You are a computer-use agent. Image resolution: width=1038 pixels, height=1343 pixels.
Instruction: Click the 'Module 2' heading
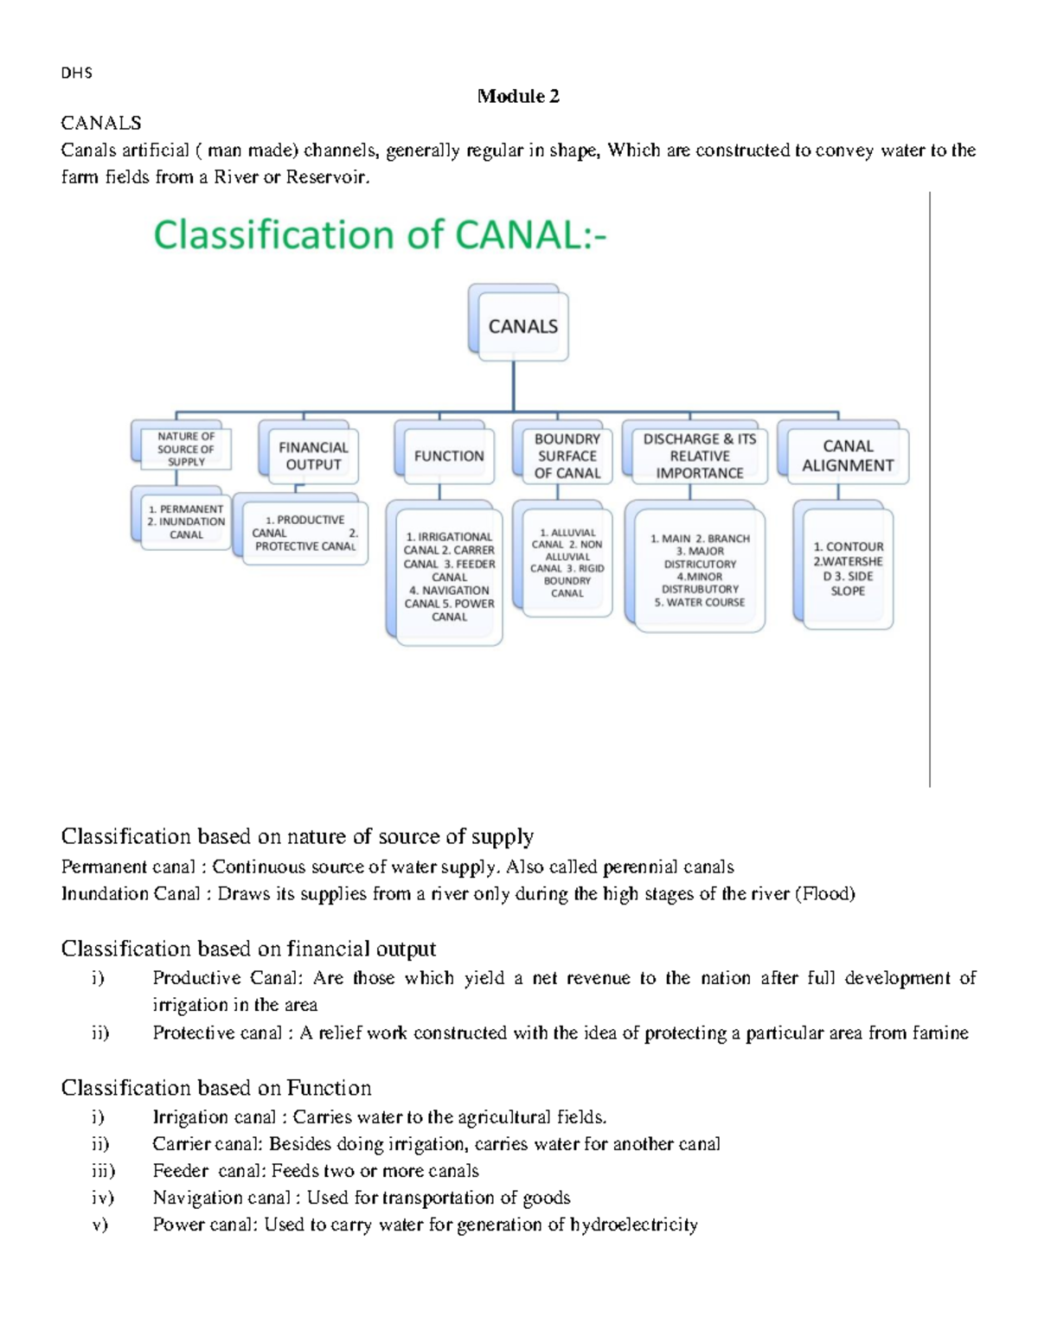(x=518, y=96)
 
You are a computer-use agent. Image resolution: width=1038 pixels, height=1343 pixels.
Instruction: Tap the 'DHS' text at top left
(x=76, y=74)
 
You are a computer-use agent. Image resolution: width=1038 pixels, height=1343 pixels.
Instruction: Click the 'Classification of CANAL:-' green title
(x=380, y=234)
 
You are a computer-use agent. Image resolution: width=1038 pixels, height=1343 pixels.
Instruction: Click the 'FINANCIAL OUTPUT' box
(x=312, y=456)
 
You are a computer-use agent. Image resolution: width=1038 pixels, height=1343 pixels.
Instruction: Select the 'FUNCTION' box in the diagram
(x=448, y=456)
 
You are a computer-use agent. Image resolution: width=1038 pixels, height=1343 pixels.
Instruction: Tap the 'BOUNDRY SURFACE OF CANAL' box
(x=567, y=456)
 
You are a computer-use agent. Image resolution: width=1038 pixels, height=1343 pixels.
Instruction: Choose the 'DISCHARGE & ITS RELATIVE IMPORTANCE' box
(x=699, y=456)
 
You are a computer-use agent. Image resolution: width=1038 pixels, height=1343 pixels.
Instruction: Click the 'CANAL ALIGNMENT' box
(x=847, y=456)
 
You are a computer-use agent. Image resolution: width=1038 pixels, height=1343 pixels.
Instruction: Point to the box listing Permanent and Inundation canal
(x=185, y=521)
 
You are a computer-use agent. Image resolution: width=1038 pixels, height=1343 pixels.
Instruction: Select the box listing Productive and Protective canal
(x=304, y=533)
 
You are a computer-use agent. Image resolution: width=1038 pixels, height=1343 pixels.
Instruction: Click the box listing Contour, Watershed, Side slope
(x=848, y=568)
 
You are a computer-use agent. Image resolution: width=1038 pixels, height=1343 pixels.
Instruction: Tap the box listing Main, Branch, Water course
(x=700, y=570)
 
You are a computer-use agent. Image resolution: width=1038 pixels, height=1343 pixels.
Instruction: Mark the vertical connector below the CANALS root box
(x=514, y=386)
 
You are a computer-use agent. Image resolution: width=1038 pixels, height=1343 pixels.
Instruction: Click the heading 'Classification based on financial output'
(x=248, y=949)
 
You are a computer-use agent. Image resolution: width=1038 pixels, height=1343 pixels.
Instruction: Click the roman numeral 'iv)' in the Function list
(x=103, y=1198)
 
